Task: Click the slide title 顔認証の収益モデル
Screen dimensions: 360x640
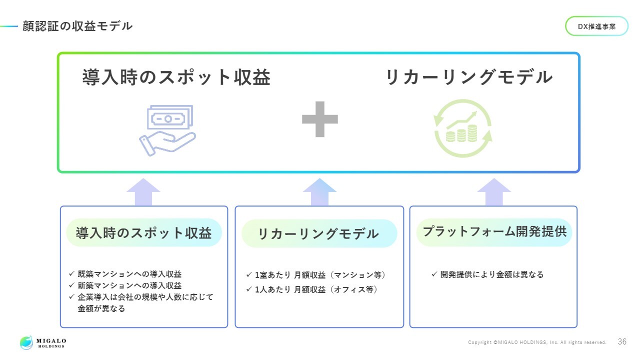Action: coord(77,26)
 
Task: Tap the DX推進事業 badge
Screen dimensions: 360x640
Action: coord(596,26)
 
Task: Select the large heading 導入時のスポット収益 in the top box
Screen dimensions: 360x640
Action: coord(176,77)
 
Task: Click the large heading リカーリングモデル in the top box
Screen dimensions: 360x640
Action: coord(468,77)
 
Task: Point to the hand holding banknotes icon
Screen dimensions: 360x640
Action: coord(167,130)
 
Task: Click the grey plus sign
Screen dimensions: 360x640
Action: coord(320,119)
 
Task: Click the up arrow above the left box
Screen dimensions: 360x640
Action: coord(143,192)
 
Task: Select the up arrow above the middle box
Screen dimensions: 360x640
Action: coord(320,192)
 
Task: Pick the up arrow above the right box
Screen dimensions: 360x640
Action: coord(494,192)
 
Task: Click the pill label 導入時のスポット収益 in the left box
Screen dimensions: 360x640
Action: coord(144,233)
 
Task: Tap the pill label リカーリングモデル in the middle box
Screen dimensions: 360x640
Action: coord(318,233)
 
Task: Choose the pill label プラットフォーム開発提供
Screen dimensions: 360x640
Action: coord(494,232)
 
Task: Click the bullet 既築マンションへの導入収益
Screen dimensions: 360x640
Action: coord(129,274)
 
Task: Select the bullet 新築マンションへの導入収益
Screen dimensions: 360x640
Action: coord(129,285)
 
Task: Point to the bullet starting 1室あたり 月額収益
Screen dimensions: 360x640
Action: coord(320,274)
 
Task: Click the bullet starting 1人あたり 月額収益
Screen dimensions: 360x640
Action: coord(315,289)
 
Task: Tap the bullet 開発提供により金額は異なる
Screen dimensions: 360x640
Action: coord(491,274)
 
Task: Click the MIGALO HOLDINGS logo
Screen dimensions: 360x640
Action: coord(43,342)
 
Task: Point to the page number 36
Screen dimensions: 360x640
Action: coord(622,342)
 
